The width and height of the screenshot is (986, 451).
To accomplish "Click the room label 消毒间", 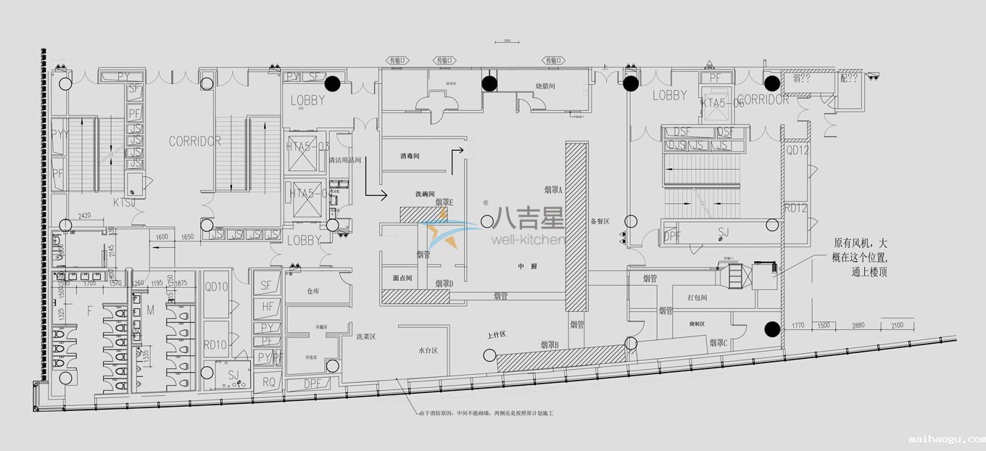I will point(410,157).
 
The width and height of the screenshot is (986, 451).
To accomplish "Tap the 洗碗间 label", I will point(425,194).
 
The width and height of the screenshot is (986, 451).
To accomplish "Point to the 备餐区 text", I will point(600,221).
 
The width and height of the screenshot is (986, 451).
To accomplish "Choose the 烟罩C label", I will point(718,343).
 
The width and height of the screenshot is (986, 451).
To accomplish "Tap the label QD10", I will point(216,287).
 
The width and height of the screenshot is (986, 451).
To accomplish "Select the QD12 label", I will point(797,150).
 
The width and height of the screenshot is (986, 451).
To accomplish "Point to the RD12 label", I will point(796,208).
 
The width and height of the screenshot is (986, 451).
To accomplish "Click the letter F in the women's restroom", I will point(91,312).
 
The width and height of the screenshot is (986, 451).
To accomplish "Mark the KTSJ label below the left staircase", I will point(124,202).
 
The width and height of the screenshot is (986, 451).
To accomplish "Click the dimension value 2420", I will point(84,215).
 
